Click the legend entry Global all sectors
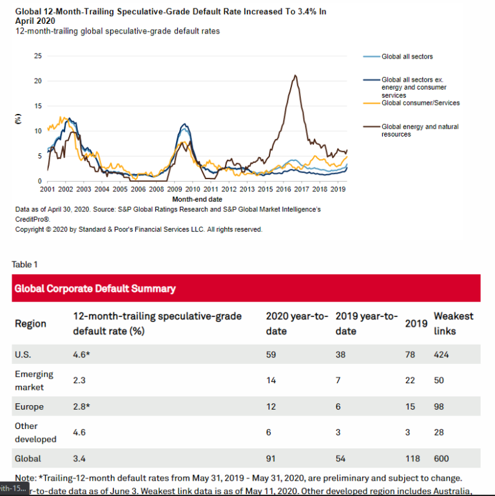pyautogui.click(x=407, y=57)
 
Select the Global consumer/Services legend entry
pyautogui.click(x=420, y=103)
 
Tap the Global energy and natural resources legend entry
pyautogui.click(x=420, y=131)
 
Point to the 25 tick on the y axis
pyautogui.click(x=38, y=56)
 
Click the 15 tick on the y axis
pyautogui.click(x=38, y=106)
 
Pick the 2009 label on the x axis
pyautogui.click(x=175, y=189)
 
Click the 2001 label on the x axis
pyautogui.click(x=48, y=189)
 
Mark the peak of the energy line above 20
pyautogui.click(x=295, y=75)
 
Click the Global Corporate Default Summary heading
pyautogui.click(x=95, y=289)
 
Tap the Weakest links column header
pyautogui.click(x=453, y=323)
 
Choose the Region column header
pyautogui.click(x=30, y=323)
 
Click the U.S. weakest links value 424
pyautogui.click(x=442, y=355)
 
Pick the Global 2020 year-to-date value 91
pyautogui.click(x=271, y=459)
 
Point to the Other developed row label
pyautogui.click(x=35, y=432)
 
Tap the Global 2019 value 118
pyautogui.click(x=412, y=459)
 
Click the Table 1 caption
pyautogui.click(x=24, y=264)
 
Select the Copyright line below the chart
pyautogui.click(x=139, y=229)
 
